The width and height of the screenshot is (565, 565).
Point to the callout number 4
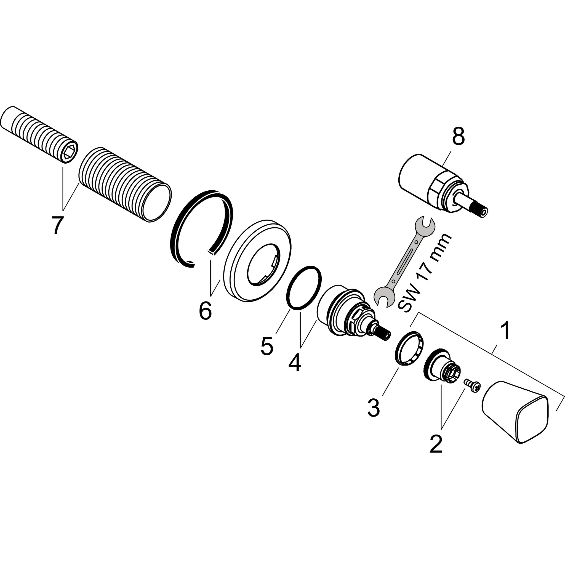click(x=294, y=363)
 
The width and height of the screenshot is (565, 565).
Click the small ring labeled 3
click(x=409, y=347)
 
